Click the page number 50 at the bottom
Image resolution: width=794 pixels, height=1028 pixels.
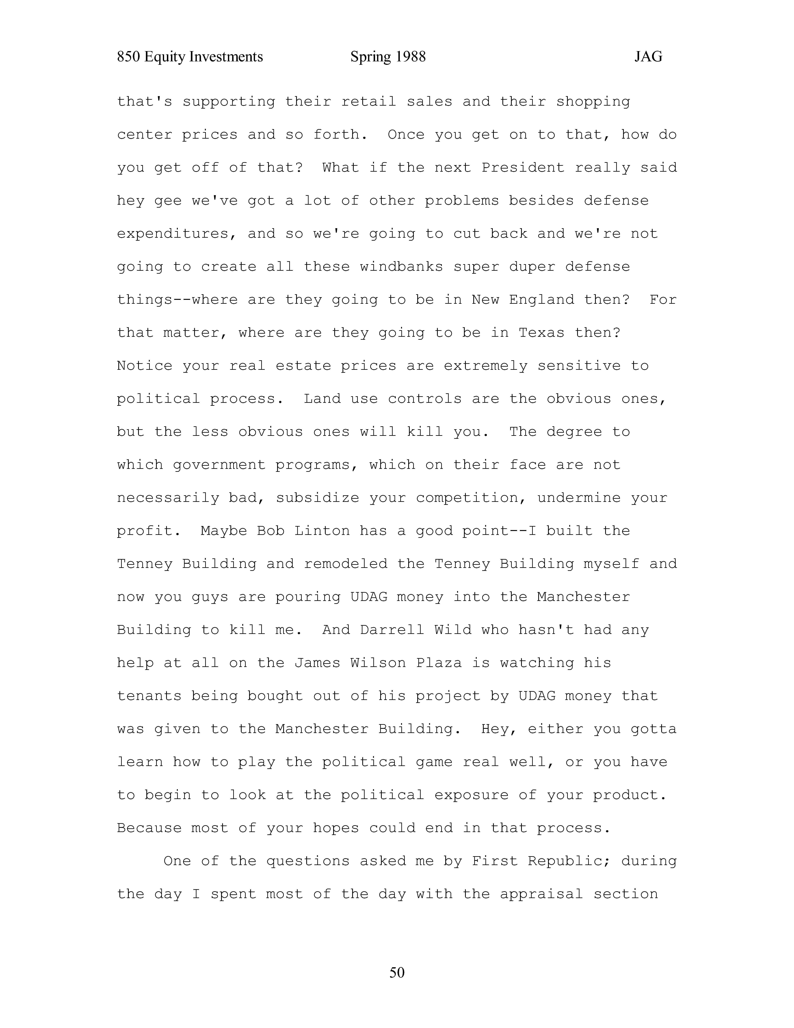pyautogui.click(x=397, y=972)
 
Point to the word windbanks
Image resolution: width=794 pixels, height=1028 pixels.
pyautogui.click(x=401, y=267)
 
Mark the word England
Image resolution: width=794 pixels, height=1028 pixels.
pyautogui.click(x=541, y=300)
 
